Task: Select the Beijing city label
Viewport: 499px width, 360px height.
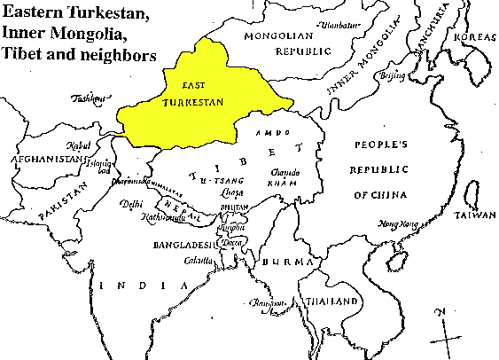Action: tap(392, 76)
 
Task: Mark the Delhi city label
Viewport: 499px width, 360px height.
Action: tap(130, 205)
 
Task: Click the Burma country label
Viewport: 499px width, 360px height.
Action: tap(290, 263)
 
